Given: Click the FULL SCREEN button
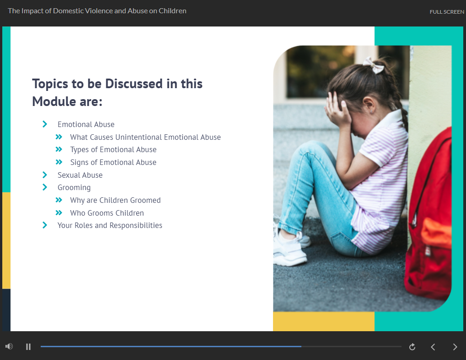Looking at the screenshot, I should [x=446, y=12].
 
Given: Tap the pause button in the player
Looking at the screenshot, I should [x=28, y=347].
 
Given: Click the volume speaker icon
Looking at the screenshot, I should [x=9, y=347].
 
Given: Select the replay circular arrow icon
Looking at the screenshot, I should [x=412, y=347].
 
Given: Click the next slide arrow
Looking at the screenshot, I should [x=455, y=347].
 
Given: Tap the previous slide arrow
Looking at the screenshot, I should [x=433, y=347].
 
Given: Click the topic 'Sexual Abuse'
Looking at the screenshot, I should [x=80, y=175].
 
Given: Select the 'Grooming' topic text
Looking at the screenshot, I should [x=74, y=187].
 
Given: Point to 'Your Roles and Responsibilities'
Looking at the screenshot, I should [x=110, y=225].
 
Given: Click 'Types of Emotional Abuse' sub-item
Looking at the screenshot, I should [x=113, y=149].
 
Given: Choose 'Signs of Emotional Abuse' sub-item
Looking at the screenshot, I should [x=113, y=162].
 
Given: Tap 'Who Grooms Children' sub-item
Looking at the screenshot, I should [x=107, y=213].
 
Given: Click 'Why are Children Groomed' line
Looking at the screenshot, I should [x=115, y=200].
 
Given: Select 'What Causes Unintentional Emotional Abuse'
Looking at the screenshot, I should [x=145, y=137].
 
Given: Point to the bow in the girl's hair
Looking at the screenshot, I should [x=373, y=65].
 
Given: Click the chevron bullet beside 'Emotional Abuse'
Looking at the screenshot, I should [x=45, y=124].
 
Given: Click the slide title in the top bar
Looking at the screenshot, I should [x=97, y=11].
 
